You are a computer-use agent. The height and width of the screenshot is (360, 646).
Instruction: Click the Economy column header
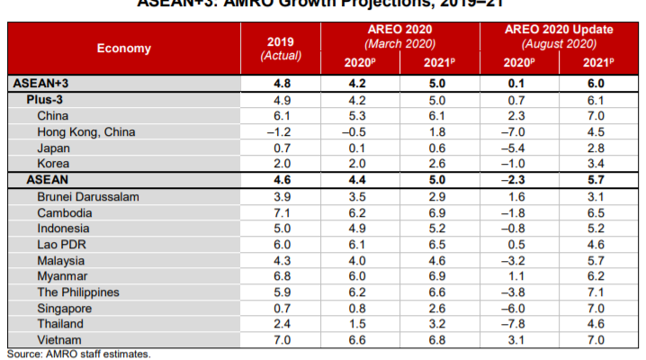click(x=123, y=49)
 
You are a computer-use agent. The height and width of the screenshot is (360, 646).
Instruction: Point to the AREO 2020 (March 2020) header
click(x=398, y=35)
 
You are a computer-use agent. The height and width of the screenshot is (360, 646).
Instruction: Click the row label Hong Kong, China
click(x=86, y=131)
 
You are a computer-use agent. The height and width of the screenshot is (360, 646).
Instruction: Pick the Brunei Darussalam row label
click(x=87, y=195)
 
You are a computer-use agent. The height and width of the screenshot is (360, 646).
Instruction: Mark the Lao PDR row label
click(x=61, y=244)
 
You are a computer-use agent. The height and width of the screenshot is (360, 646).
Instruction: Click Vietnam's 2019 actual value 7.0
click(x=280, y=340)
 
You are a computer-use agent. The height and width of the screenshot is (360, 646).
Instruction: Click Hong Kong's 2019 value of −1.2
click(x=280, y=131)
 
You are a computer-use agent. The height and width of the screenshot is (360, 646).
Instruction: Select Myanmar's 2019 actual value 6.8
click(x=280, y=276)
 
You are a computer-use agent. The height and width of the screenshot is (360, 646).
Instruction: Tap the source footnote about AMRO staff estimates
click(x=78, y=355)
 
